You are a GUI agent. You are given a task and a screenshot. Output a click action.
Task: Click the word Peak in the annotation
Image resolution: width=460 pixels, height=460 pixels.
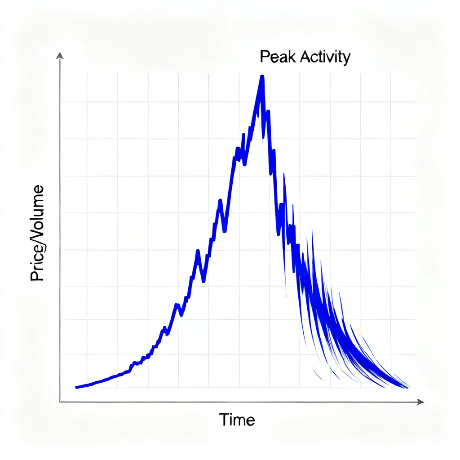(274, 57)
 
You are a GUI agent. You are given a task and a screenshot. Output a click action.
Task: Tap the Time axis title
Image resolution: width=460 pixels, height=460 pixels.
(237, 420)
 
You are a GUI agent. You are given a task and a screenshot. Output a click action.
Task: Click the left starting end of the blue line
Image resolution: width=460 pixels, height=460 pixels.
(76, 387)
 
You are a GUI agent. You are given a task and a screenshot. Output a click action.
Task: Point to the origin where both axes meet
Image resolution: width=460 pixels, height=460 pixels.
(60, 402)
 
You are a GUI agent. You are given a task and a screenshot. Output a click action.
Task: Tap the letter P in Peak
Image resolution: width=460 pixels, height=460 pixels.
(264, 57)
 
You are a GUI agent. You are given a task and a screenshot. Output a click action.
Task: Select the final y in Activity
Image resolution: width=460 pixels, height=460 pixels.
(346, 59)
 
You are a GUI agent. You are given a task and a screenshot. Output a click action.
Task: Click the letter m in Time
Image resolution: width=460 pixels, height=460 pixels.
(241, 420)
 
